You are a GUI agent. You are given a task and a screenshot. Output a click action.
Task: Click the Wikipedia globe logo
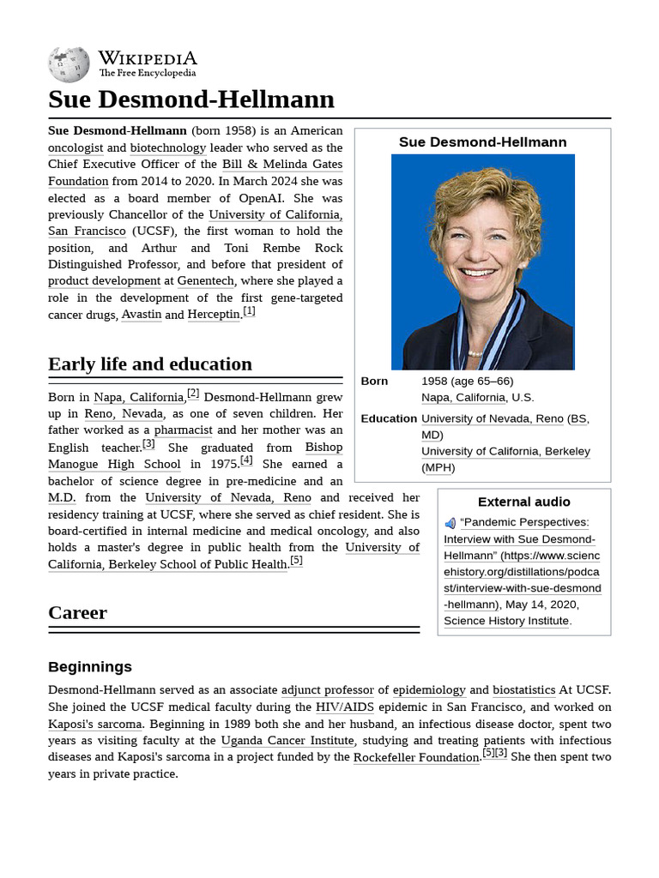click(x=69, y=64)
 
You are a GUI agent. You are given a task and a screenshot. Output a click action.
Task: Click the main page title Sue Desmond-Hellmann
click(x=190, y=99)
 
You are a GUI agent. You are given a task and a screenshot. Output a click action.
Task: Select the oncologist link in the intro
click(x=76, y=147)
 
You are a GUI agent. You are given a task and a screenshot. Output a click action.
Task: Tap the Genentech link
click(x=205, y=281)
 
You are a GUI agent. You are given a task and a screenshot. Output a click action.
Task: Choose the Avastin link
click(x=142, y=315)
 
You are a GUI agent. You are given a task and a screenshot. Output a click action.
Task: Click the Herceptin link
click(x=214, y=315)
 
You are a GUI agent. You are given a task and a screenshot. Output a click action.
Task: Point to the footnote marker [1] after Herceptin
click(x=249, y=311)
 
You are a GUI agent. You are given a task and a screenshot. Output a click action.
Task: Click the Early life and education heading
click(x=150, y=364)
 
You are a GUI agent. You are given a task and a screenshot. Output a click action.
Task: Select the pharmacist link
click(x=183, y=430)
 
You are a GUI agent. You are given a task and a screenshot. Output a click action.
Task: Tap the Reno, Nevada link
click(x=124, y=413)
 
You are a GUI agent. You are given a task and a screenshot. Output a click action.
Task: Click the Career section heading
click(x=77, y=612)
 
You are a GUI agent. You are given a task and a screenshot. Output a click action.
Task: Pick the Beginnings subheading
click(x=90, y=666)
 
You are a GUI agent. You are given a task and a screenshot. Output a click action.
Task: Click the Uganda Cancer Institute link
click(x=287, y=741)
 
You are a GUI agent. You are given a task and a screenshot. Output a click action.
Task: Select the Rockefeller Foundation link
click(x=415, y=757)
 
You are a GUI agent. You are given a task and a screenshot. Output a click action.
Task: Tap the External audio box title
click(x=523, y=502)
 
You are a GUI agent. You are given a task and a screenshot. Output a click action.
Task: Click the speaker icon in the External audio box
click(x=450, y=523)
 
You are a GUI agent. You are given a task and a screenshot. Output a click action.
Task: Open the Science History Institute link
click(x=506, y=621)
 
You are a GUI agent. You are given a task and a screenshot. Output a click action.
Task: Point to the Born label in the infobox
click(x=374, y=381)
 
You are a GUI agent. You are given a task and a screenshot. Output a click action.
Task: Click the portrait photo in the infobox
click(x=482, y=262)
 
